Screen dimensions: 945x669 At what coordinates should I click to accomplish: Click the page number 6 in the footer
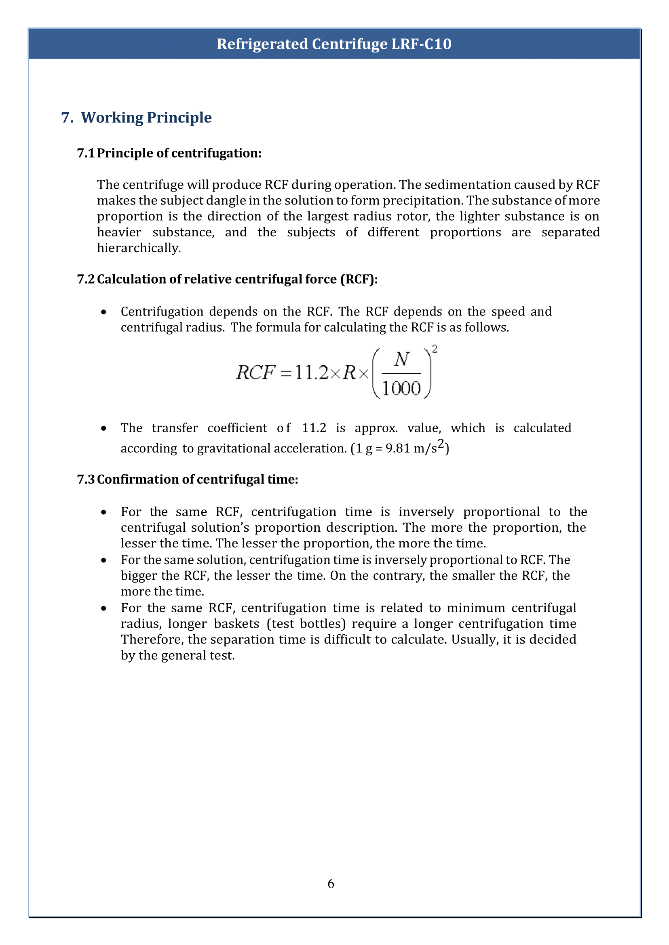click(331, 883)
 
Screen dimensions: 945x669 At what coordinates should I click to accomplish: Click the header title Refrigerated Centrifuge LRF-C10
click(334, 44)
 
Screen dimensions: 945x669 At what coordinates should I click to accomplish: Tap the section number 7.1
click(85, 153)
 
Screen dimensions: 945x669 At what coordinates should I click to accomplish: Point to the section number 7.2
click(85, 279)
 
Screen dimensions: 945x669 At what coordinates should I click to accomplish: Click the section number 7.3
click(85, 479)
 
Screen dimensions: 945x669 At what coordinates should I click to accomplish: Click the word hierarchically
click(138, 248)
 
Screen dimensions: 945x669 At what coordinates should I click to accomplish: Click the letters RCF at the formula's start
click(255, 373)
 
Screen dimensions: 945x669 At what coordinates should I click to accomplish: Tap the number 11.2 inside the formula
click(311, 373)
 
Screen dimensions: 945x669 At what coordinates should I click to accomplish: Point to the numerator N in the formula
click(402, 360)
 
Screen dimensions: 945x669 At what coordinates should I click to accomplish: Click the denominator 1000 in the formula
click(402, 388)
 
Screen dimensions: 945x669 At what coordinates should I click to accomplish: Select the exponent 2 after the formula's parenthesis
click(435, 349)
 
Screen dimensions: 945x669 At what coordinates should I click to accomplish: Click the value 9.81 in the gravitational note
click(398, 448)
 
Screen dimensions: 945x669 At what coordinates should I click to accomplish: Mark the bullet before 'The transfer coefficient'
click(104, 429)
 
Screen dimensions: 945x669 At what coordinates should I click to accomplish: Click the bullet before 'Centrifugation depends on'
click(104, 312)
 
